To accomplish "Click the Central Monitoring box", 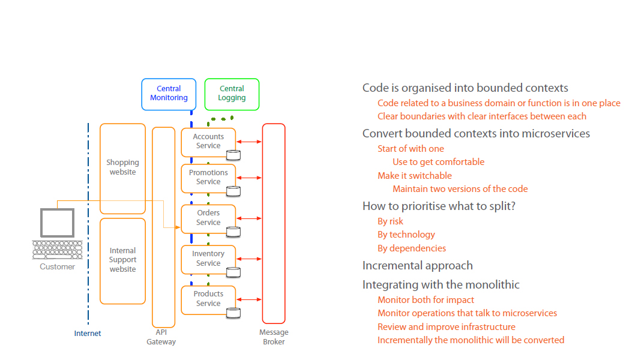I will pyautogui.click(x=169, y=94).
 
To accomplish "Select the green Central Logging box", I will pyautogui.click(x=232, y=94).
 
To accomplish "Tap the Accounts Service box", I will pyautogui.click(x=208, y=142).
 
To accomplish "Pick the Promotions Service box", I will pyautogui.click(x=208, y=178).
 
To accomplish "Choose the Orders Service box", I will pyautogui.click(x=208, y=218).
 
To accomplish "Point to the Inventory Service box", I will pyautogui.click(x=208, y=259).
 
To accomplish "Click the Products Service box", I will pyautogui.click(x=208, y=299).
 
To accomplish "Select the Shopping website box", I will pyautogui.click(x=122, y=168).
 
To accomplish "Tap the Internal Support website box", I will pyautogui.click(x=122, y=260).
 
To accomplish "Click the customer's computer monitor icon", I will pyautogui.click(x=57, y=223).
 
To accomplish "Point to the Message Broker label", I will pyautogui.click(x=274, y=337).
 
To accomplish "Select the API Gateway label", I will pyautogui.click(x=161, y=337).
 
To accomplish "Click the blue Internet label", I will pyautogui.click(x=88, y=334).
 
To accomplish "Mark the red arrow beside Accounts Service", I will pyautogui.click(x=249, y=142).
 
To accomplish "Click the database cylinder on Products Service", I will pyautogui.click(x=233, y=313).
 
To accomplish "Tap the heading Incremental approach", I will pyautogui.click(x=418, y=266).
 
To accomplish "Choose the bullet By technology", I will pyautogui.click(x=406, y=235).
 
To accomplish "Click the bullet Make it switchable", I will pyautogui.click(x=415, y=176).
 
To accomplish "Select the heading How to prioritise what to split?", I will pyautogui.click(x=439, y=206).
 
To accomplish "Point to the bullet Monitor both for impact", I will pyautogui.click(x=426, y=300).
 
